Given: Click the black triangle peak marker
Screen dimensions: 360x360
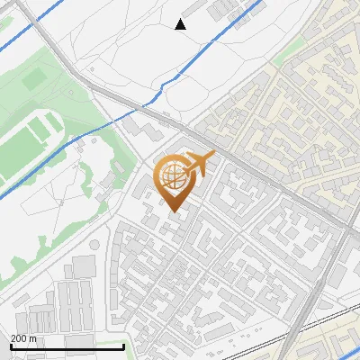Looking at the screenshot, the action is click(x=181, y=24).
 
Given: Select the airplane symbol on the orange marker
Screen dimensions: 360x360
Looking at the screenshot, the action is click(x=200, y=164).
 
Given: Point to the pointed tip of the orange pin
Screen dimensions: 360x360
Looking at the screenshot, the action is click(x=174, y=211).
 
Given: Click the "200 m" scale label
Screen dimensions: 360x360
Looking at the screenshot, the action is click(x=23, y=338).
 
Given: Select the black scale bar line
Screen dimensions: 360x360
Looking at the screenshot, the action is click(x=67, y=346).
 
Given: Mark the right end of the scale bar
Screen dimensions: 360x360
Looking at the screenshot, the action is click(x=123, y=346).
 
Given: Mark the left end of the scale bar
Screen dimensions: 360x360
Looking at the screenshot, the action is click(x=12, y=346).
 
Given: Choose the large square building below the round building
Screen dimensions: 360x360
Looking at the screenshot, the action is click(x=84, y=266).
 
